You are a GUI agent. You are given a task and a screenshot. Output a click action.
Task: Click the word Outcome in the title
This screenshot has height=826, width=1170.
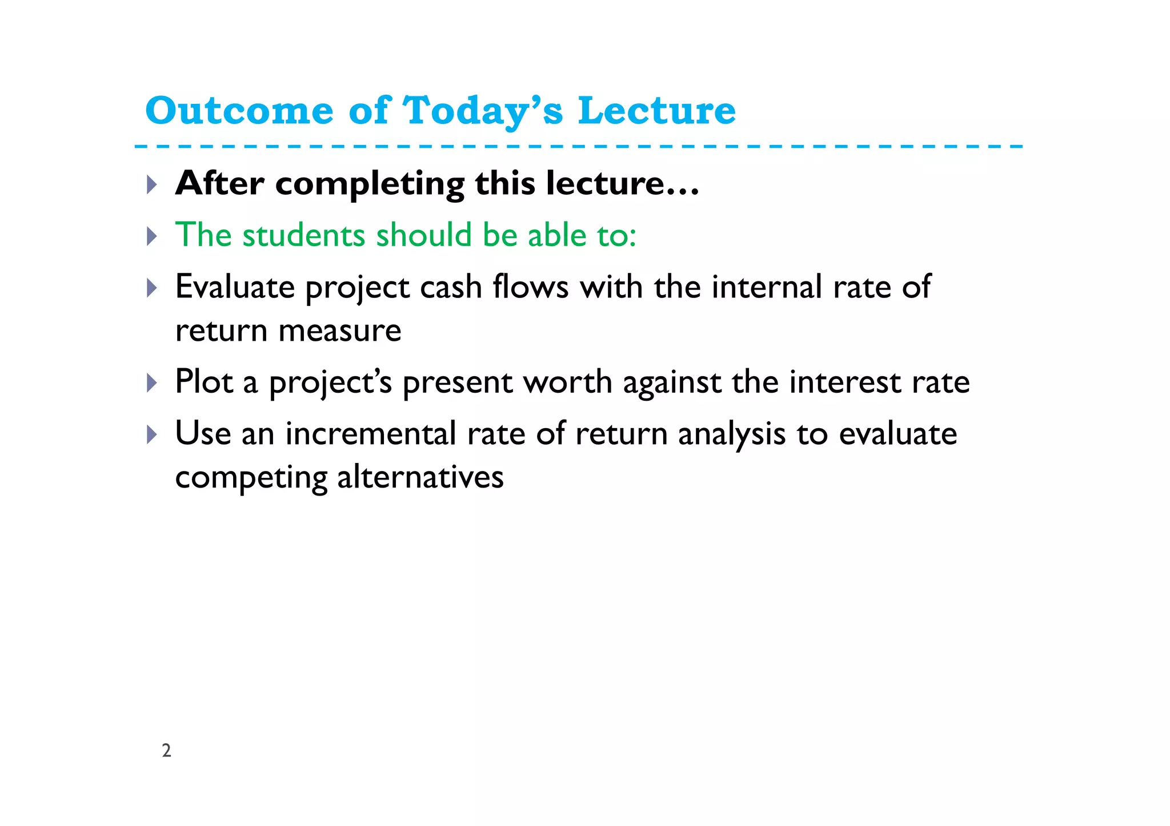click(239, 110)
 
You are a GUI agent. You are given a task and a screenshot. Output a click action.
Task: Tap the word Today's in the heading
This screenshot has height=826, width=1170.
click(483, 110)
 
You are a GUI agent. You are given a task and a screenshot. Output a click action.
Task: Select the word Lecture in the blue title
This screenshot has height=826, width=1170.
click(657, 110)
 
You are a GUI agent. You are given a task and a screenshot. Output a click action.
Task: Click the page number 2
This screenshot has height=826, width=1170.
click(166, 750)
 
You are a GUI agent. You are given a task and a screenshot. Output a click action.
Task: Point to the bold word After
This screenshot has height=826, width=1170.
click(219, 183)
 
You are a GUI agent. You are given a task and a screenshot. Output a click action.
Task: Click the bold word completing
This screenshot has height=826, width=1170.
click(370, 184)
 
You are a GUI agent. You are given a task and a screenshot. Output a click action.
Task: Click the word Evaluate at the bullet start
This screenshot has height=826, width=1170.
click(235, 287)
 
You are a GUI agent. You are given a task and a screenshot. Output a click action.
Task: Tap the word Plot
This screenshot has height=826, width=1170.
click(204, 381)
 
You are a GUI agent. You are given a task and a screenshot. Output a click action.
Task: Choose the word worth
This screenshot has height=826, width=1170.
click(567, 381)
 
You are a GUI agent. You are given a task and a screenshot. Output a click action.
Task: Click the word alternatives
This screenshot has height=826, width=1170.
click(420, 477)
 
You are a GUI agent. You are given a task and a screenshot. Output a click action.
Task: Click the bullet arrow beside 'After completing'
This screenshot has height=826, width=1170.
click(151, 184)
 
